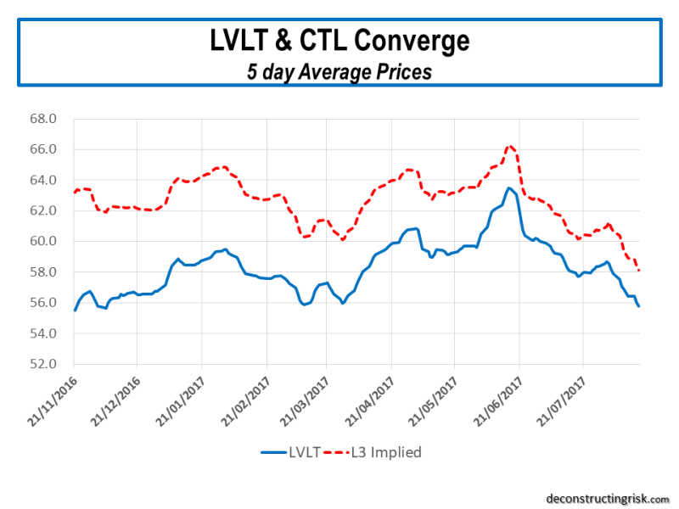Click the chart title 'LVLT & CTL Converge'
[x=339, y=41]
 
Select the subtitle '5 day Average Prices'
[x=339, y=72]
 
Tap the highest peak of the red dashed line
[x=509, y=146]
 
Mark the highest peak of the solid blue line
[x=509, y=188]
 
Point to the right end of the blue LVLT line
[x=638, y=305]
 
